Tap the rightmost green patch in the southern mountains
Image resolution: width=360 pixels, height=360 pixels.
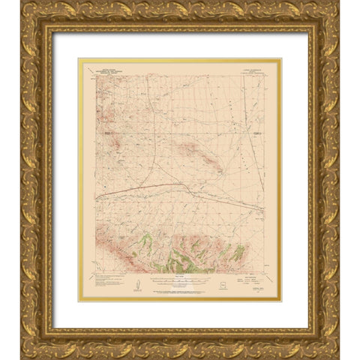pos(238,253)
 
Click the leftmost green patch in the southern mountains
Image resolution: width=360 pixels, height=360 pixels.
pos(148,241)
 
